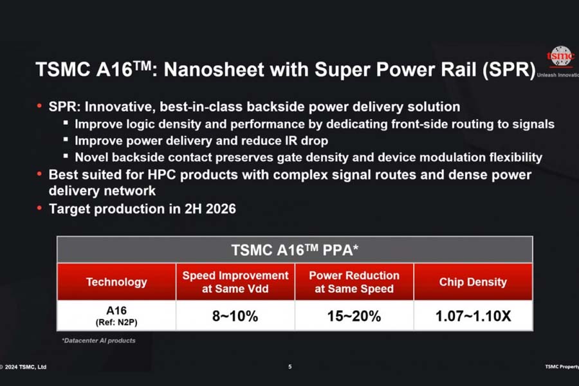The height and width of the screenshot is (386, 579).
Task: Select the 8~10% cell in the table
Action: coord(235,316)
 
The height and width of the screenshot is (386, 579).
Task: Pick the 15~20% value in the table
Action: coord(354,316)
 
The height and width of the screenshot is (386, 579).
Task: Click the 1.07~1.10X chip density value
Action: coord(473,316)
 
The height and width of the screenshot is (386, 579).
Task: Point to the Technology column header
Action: coord(116,282)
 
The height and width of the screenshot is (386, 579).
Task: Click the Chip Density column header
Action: coord(473,282)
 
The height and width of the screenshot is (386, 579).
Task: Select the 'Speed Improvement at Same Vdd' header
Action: coord(235,282)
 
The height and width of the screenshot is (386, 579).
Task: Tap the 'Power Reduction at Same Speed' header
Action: coord(354,282)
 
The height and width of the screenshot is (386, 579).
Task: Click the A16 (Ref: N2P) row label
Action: coord(116,316)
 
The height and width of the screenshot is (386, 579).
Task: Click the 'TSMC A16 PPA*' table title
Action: coord(295,249)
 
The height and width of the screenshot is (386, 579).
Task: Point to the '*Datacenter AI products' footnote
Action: coord(98,340)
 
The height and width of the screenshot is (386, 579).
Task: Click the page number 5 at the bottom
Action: coord(289,367)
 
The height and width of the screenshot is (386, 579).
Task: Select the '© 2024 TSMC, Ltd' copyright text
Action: coord(24,367)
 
